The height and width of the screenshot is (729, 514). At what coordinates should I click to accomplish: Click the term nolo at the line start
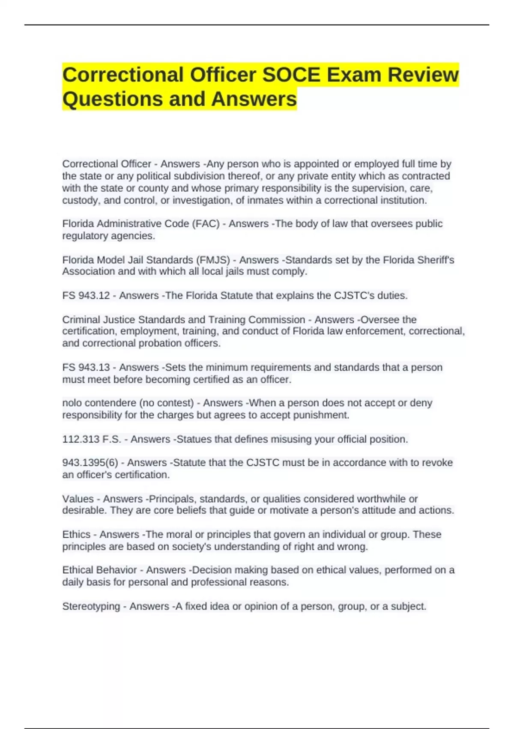pos(72,403)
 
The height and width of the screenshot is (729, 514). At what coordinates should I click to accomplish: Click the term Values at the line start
pos(78,499)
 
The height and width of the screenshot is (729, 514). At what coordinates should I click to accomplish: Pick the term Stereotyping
pos(91,606)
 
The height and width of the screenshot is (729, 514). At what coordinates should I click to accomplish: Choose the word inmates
pos(271,201)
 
